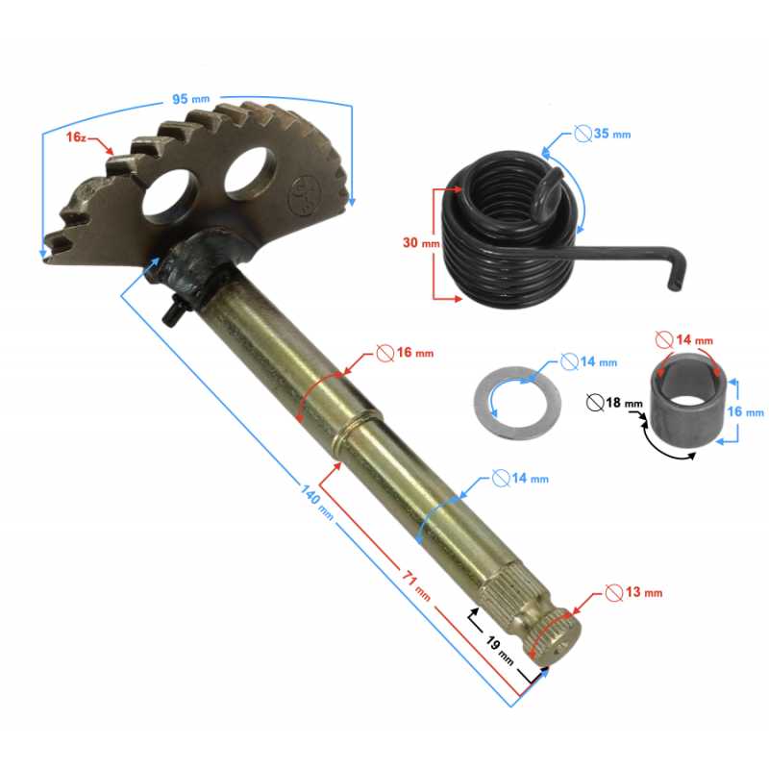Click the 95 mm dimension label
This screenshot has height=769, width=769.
point(190,99)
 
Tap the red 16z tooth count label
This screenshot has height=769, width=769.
point(76,136)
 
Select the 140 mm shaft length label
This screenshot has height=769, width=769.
point(317,502)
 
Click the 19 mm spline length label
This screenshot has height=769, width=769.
point(500,651)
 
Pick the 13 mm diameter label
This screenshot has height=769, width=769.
point(643,592)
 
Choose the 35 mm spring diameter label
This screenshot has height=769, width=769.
point(612,134)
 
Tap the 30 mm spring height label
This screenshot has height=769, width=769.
point(421,242)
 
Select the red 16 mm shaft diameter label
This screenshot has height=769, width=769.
point(415,352)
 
